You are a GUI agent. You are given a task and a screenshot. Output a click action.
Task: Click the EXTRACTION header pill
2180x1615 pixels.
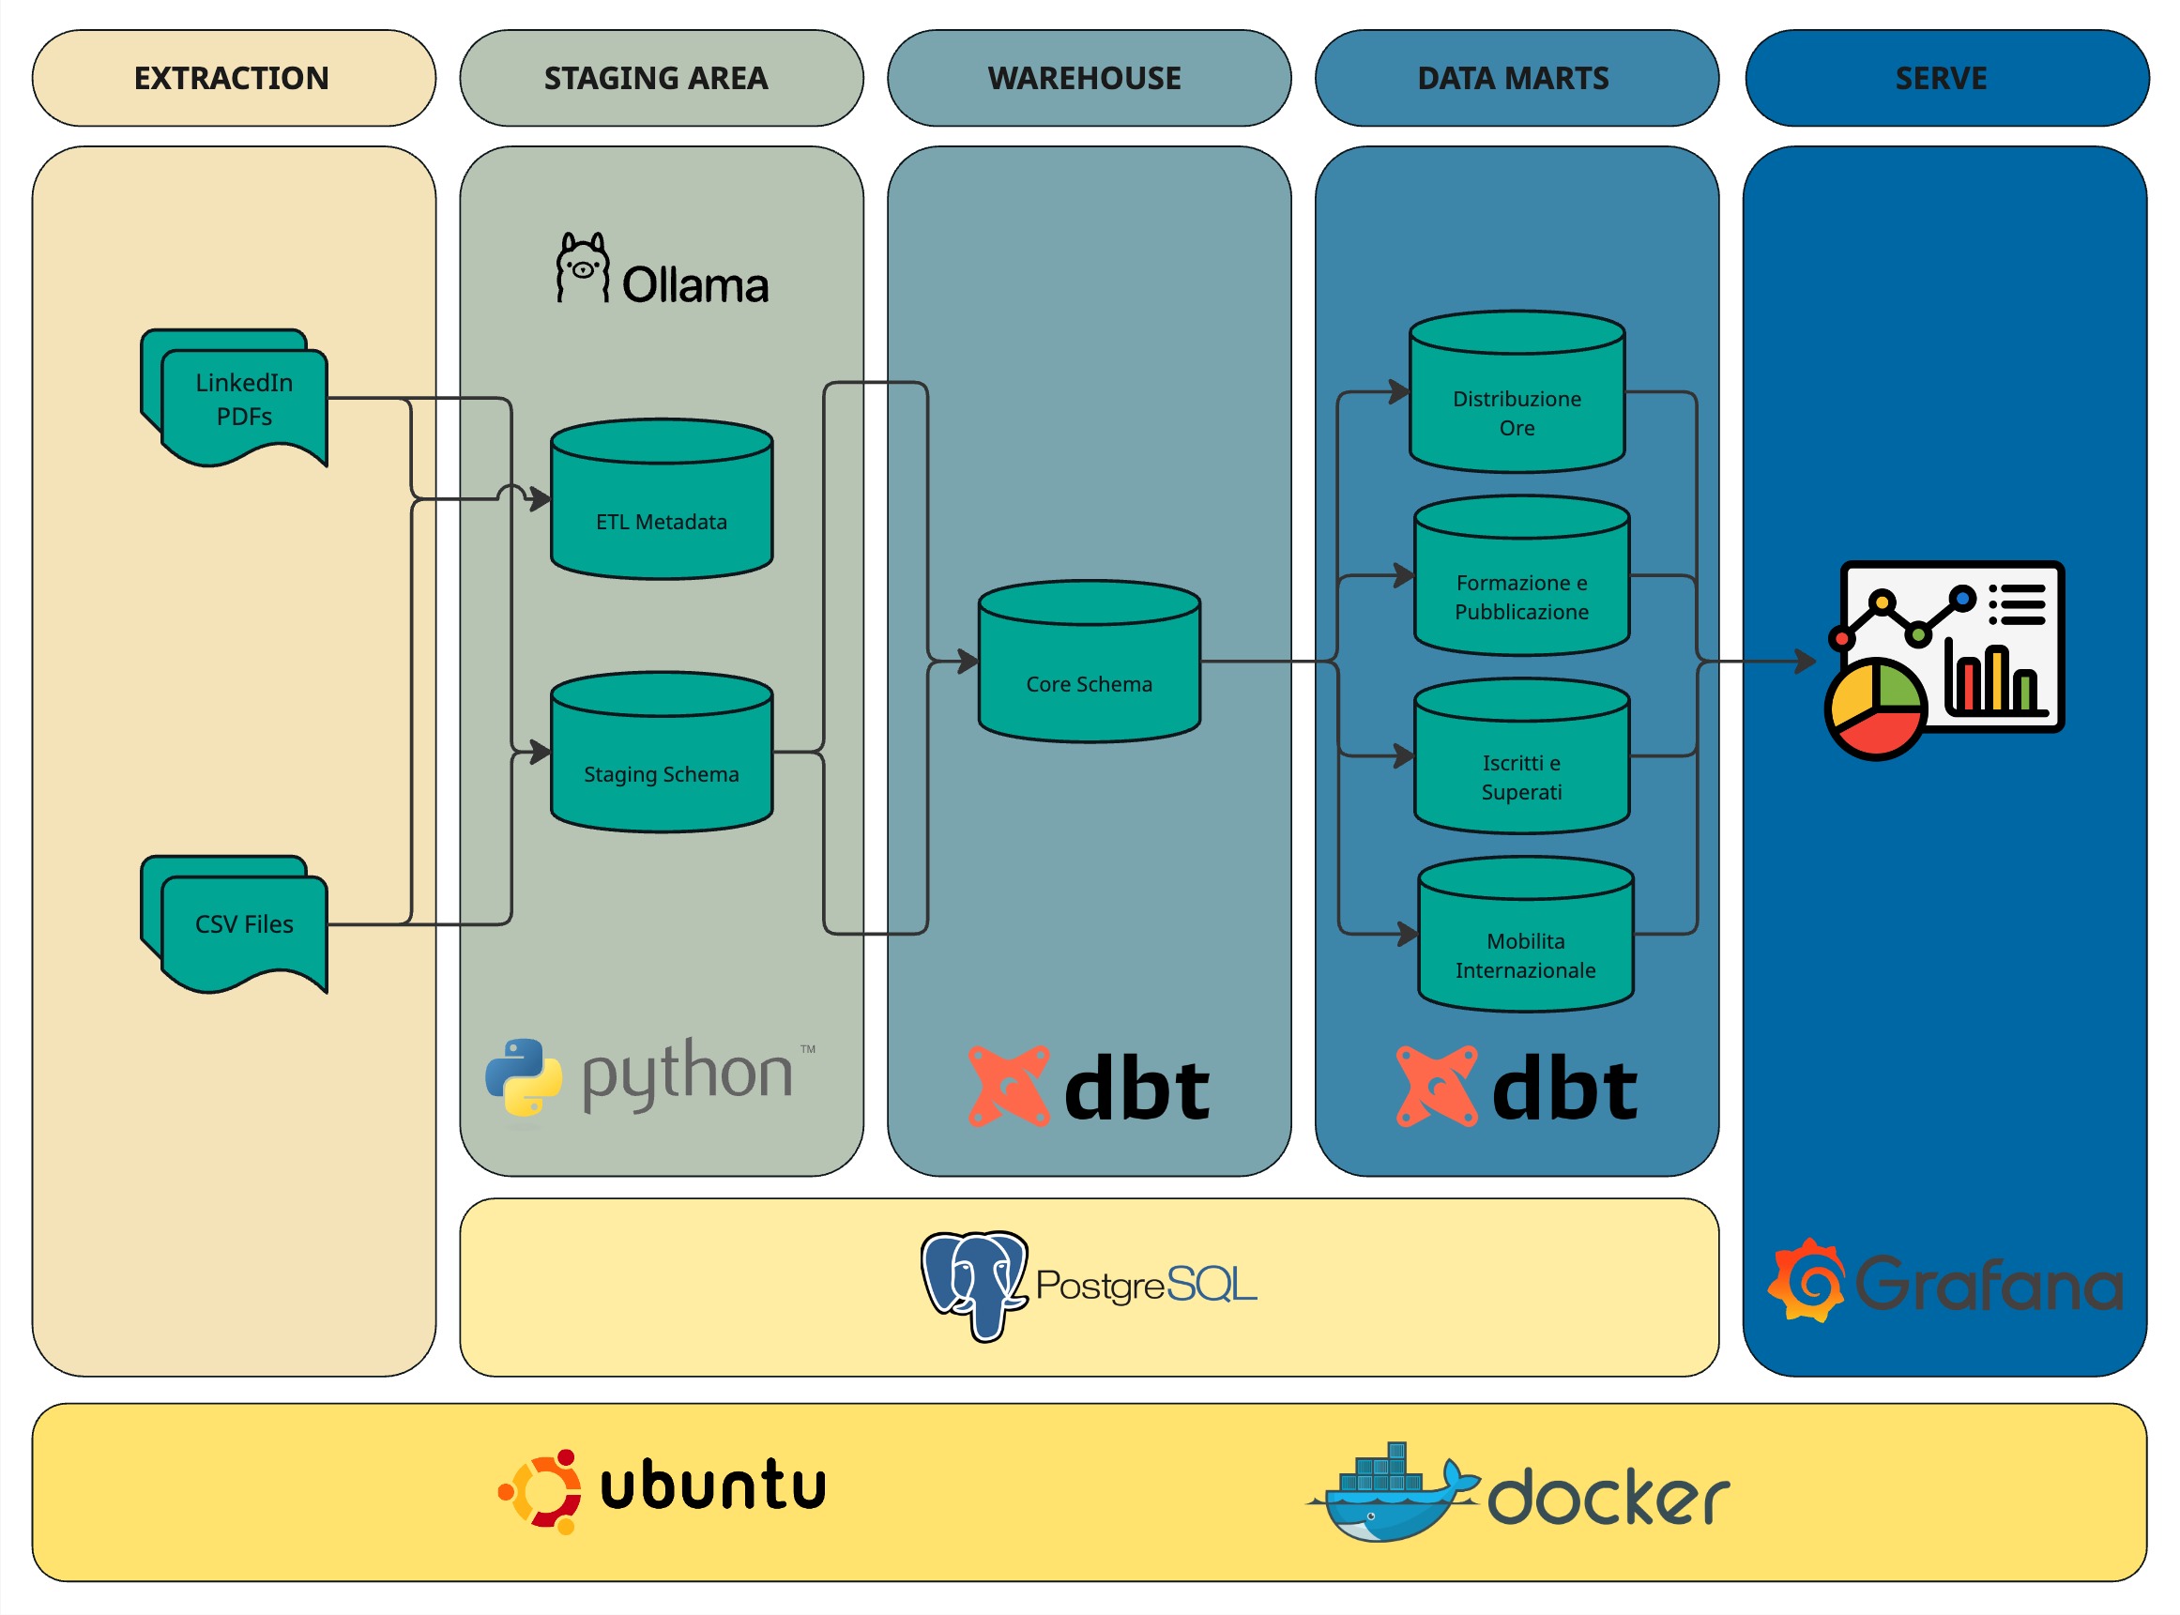pyautogui.click(x=234, y=78)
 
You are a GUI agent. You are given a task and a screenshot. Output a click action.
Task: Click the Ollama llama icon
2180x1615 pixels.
pyautogui.click(x=583, y=267)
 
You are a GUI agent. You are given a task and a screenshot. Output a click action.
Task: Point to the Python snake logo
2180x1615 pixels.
pyautogui.click(x=524, y=1077)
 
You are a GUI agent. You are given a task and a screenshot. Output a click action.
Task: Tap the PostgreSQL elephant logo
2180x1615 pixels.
pyautogui.click(x=975, y=1285)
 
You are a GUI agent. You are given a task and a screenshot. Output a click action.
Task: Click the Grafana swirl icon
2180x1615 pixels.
pyautogui.click(x=1807, y=1281)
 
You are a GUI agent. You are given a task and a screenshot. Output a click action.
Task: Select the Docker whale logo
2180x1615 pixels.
pyautogui.click(x=1389, y=1496)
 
